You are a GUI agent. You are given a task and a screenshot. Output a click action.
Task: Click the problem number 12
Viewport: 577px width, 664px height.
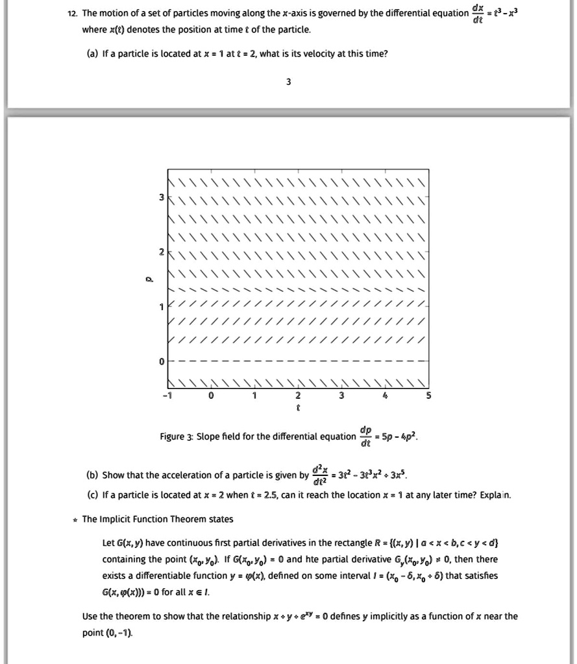click(x=74, y=14)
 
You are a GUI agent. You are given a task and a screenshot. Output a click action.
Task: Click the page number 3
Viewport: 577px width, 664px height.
click(x=288, y=82)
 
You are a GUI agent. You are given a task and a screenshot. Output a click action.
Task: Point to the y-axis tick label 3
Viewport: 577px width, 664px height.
click(x=162, y=196)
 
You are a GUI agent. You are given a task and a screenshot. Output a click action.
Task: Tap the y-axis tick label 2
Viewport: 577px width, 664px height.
click(x=162, y=250)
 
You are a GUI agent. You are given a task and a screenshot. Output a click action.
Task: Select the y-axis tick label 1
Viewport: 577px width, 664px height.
click(x=162, y=305)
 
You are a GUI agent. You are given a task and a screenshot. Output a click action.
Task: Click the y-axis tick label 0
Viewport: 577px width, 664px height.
click(x=162, y=361)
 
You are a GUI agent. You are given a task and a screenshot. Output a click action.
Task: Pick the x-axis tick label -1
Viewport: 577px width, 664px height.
click(x=167, y=396)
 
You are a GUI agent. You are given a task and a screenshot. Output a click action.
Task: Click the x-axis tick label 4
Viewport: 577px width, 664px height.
click(x=385, y=396)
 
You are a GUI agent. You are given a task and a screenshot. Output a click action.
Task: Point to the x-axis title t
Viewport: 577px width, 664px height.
click(x=298, y=409)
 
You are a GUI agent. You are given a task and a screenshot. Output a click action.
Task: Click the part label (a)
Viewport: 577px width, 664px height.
click(x=91, y=54)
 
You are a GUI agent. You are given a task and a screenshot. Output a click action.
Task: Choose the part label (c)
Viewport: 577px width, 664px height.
click(x=91, y=495)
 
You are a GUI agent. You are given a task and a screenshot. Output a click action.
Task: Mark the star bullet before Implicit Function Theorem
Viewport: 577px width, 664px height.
click(x=75, y=520)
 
